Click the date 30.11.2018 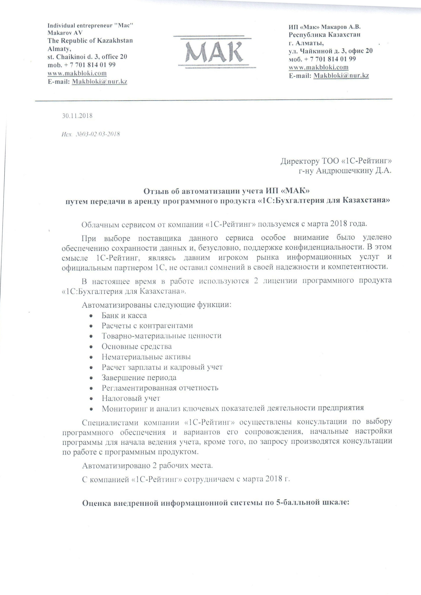tap(77, 116)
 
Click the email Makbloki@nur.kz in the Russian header tap(341, 76)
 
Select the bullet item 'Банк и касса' tap(124, 315)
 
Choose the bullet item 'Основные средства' tap(136, 346)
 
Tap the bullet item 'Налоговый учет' tap(131, 398)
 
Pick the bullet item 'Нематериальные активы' tap(146, 357)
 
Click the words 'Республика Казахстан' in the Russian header tap(324, 34)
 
